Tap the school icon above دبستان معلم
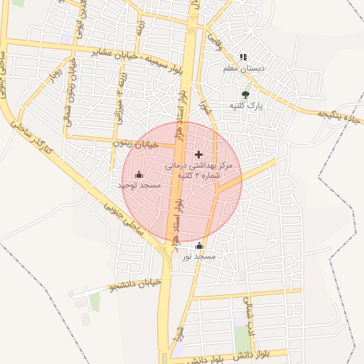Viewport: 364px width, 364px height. (243, 57)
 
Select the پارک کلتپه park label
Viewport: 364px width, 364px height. (245, 105)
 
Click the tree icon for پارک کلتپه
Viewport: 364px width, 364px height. (245, 94)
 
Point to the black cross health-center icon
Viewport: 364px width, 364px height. (198, 154)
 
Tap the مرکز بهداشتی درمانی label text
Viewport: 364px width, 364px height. (203, 165)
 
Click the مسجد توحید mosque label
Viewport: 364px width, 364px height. (139, 185)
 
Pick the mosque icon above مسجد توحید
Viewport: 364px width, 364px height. (139, 174)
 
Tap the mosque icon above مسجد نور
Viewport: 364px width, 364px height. (198, 246)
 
